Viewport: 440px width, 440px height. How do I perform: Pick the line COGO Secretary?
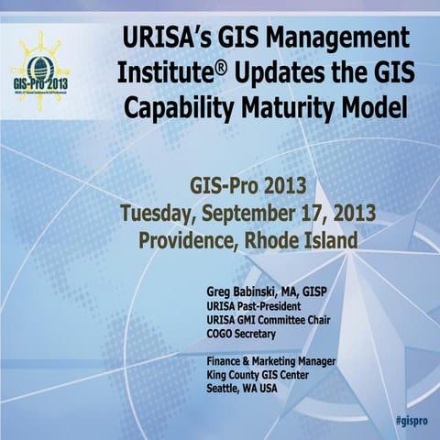click(x=245, y=335)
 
